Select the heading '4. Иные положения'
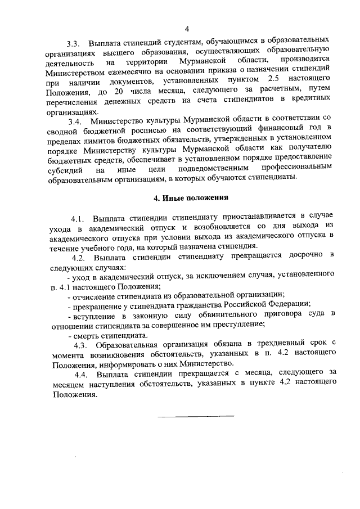[x=191, y=197]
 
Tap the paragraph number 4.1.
[x=78, y=218]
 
